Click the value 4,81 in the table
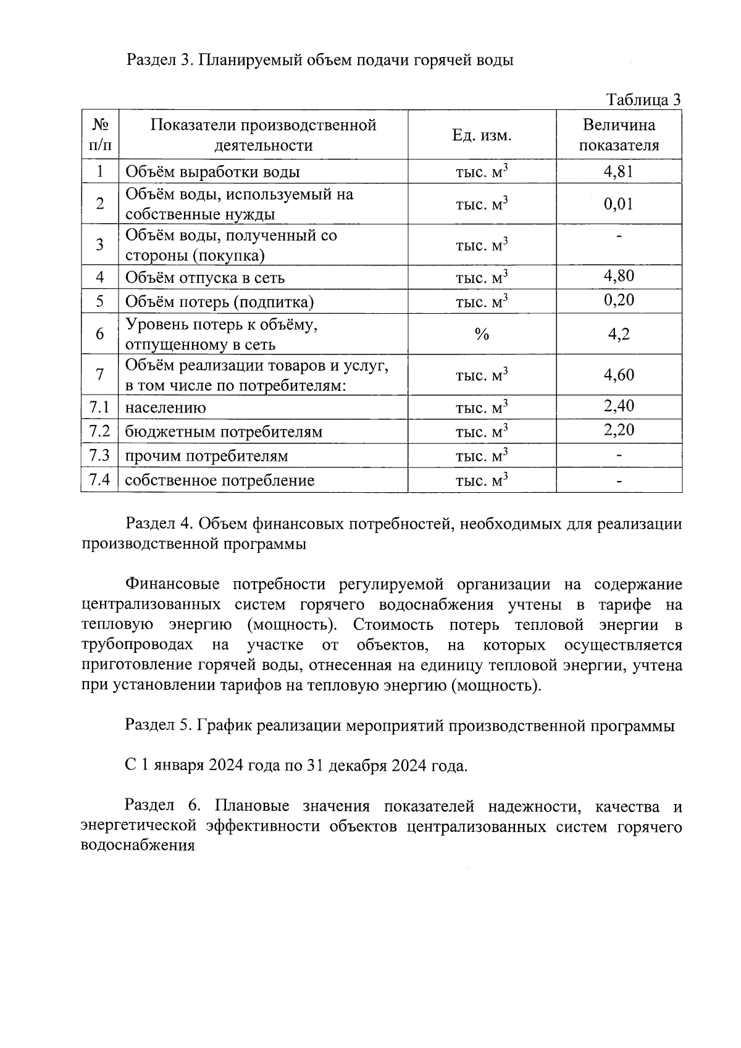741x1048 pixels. tap(618, 172)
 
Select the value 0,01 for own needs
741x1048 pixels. tap(618, 204)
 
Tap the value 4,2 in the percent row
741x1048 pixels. tap(618, 334)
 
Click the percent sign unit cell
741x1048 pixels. tap(482, 334)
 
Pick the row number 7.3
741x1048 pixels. tap(99, 456)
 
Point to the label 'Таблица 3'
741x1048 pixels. tap(643, 100)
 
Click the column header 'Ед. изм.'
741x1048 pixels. tap(482, 135)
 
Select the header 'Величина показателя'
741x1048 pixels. tap(619, 135)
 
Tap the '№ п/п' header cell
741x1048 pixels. tap(99, 135)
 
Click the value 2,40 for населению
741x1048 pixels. tap(618, 406)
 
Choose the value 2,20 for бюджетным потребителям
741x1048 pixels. tap(618, 430)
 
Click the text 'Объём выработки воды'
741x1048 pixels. tap(213, 172)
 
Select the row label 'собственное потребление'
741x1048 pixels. tap(219, 480)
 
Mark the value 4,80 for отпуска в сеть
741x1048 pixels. tap(618, 275)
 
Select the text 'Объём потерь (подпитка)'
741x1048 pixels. tap(219, 302)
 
